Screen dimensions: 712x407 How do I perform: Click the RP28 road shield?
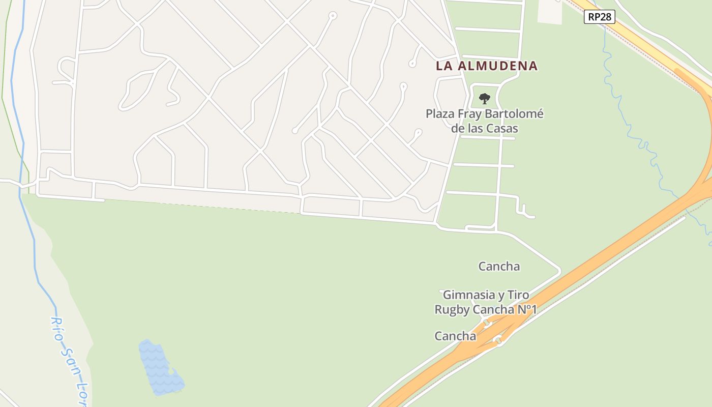click(600, 17)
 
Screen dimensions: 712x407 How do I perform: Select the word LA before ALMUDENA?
click(444, 66)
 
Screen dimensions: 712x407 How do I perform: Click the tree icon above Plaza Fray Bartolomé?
click(485, 98)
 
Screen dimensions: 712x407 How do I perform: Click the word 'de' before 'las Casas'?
click(458, 128)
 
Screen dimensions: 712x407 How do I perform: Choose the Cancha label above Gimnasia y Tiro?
click(499, 266)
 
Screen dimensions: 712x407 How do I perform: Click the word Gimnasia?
click(469, 295)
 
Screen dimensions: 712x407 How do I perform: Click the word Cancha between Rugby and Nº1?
click(493, 309)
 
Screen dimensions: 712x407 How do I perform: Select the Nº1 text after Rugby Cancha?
click(527, 309)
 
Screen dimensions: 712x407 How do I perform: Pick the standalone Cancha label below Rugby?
click(455, 336)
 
